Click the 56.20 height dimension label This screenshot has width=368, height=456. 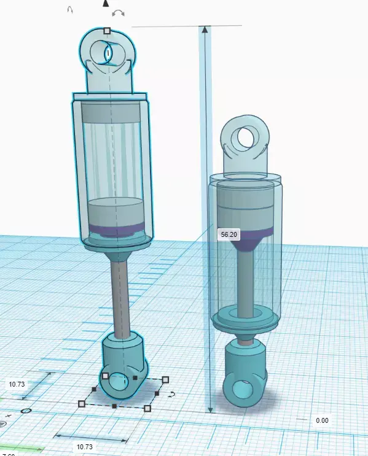pyautogui.click(x=229, y=234)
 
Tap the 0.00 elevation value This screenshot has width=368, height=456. pyautogui.click(x=321, y=420)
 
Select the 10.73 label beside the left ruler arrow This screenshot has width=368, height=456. pyautogui.click(x=17, y=384)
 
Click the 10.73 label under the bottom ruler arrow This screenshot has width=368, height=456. pyautogui.click(x=84, y=447)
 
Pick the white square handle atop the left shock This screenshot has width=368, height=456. pyautogui.click(x=107, y=30)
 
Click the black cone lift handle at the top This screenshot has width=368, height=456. pyautogui.click(x=106, y=4)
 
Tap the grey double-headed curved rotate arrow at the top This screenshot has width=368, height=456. pyautogui.click(x=119, y=12)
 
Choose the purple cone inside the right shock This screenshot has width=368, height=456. pyautogui.click(x=249, y=242)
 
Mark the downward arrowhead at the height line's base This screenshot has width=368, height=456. pyautogui.click(x=210, y=408)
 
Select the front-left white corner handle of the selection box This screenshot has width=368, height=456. pyautogui.click(x=82, y=403)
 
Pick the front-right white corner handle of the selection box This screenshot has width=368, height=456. pyautogui.click(x=147, y=408)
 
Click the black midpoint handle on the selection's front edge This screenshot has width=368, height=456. pyautogui.click(x=114, y=406)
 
